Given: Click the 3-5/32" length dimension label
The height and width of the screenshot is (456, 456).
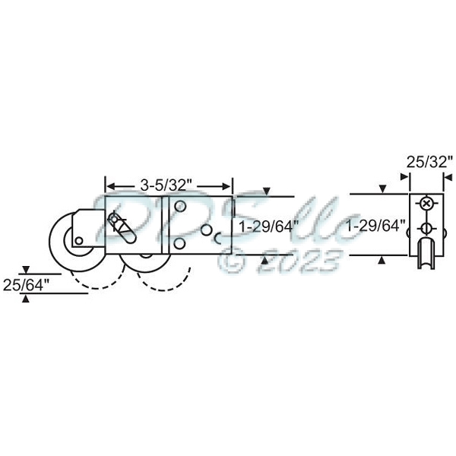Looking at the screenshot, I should tap(168, 185).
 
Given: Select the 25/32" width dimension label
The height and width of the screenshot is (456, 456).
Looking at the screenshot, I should tap(429, 162).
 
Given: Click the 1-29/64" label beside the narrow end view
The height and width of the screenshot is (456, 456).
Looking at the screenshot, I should tap(375, 226).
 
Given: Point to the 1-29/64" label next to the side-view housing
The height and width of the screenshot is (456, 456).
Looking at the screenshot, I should tap(267, 226).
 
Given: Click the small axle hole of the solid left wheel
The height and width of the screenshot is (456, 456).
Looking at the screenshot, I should tap(79, 241).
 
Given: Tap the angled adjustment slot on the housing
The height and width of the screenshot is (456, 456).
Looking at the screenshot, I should tap(119, 225).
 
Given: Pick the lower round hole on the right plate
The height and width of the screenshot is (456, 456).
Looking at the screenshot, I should tap(181, 243).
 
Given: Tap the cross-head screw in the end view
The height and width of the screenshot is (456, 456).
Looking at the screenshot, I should tap(426, 204).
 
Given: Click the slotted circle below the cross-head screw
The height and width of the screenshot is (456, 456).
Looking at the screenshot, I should tap(426, 229).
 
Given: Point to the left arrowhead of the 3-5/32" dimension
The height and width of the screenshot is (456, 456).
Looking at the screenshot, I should tap(109, 185).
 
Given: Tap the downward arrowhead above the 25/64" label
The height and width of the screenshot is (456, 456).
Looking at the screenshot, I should tap(27, 271).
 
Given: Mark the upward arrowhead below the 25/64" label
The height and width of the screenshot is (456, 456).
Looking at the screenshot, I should tap(27, 299).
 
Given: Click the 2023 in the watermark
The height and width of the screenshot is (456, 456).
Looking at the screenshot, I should tap(301, 261).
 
